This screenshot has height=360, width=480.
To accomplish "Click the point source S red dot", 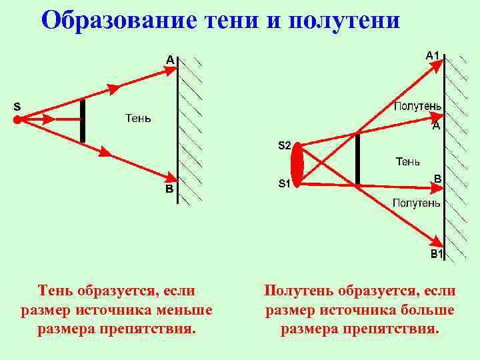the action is [x=17, y=119].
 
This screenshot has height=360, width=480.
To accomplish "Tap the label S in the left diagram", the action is [x=17, y=106].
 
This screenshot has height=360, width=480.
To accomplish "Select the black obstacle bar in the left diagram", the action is [x=83, y=121].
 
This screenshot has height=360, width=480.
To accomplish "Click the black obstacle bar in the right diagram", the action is [x=357, y=159].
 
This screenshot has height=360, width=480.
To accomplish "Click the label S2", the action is [x=284, y=145].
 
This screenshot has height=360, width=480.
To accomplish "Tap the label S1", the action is [x=284, y=185].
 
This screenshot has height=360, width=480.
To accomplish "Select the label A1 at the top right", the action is [x=433, y=55].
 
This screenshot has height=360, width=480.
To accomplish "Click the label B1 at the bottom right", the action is [x=437, y=254].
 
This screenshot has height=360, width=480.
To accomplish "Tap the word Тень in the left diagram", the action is [x=138, y=119].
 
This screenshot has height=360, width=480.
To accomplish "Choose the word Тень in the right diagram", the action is [x=407, y=161].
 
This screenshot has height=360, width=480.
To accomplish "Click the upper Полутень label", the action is [x=417, y=106].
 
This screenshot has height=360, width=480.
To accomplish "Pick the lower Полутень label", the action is [x=416, y=203].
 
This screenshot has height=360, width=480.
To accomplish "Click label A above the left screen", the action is [x=170, y=60].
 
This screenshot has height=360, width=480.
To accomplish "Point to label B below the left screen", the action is [x=169, y=189].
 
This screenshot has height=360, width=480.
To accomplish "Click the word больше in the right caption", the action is [x=424, y=310].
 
